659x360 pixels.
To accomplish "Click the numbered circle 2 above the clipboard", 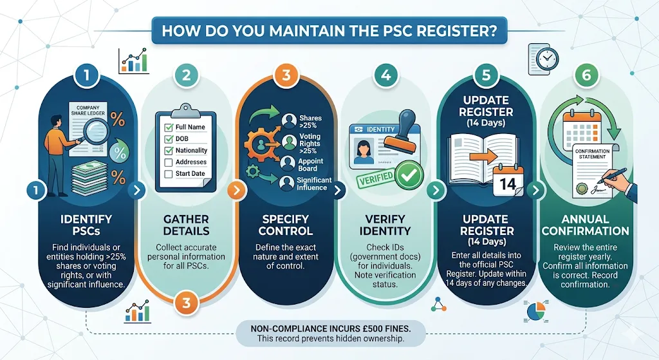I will [186, 75].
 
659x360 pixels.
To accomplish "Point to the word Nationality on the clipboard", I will [192, 151].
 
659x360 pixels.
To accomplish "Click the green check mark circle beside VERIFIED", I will [406, 174].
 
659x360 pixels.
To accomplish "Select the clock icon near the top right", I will [547, 59].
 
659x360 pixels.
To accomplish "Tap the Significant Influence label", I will [315, 184].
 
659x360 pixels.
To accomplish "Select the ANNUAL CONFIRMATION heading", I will [585, 225].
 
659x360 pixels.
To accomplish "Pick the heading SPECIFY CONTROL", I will [286, 225].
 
